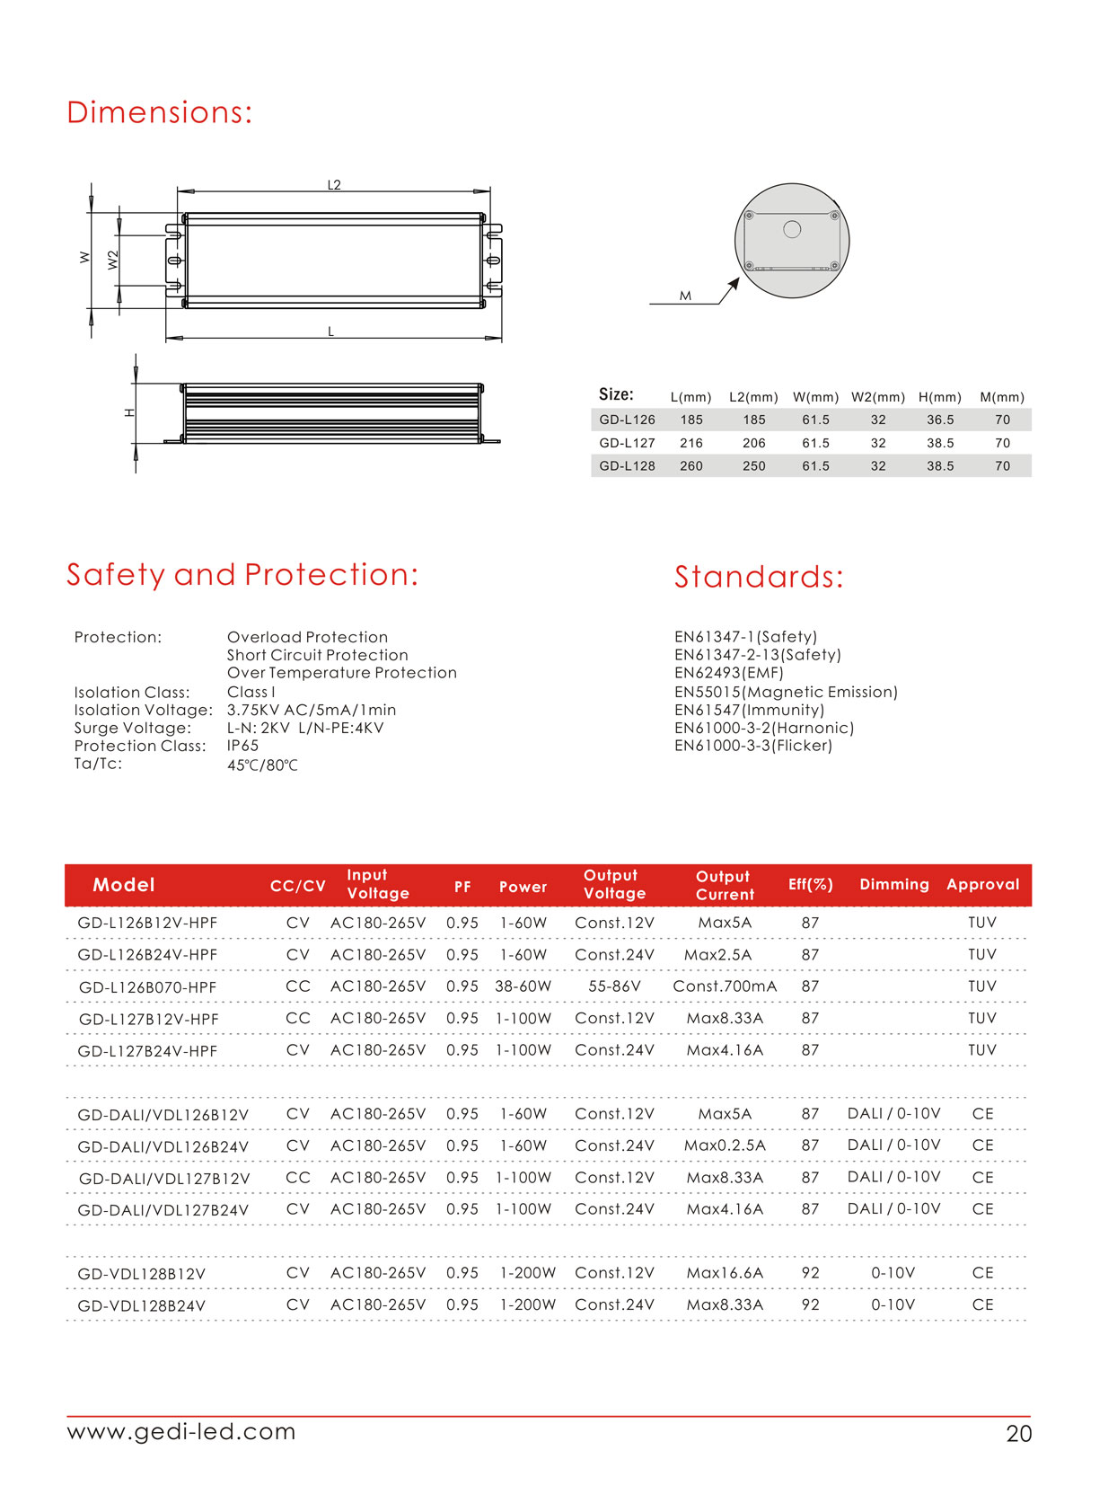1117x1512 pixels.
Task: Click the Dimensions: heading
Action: [159, 113]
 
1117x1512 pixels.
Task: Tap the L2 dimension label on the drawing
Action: [334, 185]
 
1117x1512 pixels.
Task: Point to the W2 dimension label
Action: [113, 261]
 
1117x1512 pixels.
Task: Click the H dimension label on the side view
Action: [129, 412]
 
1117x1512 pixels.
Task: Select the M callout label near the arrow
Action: [685, 296]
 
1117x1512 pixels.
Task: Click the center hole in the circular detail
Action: [792, 229]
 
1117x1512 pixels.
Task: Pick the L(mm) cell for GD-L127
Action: [691, 443]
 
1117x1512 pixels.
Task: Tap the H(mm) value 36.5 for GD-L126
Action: [940, 420]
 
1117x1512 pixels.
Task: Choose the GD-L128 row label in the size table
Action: [627, 466]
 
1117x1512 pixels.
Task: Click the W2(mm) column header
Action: [877, 397]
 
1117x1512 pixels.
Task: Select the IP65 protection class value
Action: [242, 746]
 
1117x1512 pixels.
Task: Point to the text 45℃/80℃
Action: [262, 765]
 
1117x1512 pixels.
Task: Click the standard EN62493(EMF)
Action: [728, 673]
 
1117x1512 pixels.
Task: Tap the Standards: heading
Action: [759, 578]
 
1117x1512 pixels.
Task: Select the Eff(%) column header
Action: [810, 885]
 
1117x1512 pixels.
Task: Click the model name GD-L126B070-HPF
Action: [148, 987]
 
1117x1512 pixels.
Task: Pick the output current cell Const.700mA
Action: [725, 986]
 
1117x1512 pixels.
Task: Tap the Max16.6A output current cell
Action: [725, 1273]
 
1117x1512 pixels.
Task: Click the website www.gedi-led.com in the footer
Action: [181, 1431]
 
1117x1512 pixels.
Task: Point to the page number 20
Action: [1018, 1434]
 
